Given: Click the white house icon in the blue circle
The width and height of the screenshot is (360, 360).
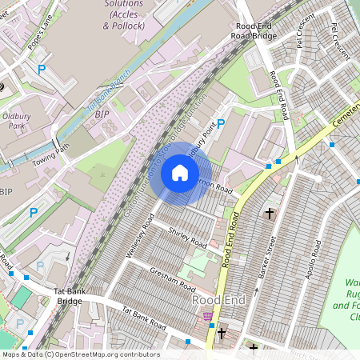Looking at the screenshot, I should click(180, 173).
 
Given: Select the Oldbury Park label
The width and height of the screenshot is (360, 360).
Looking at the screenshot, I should click(16, 121).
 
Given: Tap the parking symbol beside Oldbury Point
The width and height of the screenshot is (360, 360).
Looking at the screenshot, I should click(222, 123).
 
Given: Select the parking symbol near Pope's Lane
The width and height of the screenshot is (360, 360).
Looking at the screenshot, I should click(42, 71).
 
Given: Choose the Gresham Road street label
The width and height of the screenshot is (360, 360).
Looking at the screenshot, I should click(173, 278).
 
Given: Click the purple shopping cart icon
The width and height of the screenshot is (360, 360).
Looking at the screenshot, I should click(208, 316).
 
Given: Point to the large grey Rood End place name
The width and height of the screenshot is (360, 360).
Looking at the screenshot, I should click(217, 299).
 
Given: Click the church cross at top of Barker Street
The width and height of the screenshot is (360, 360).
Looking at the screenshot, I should click(270, 214).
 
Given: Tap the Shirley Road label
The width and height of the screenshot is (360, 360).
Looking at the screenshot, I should click(188, 238).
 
